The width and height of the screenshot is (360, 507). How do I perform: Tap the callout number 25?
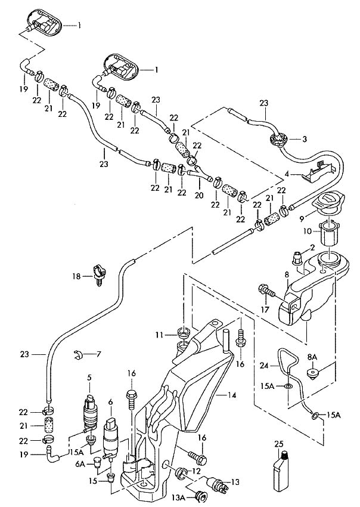[278, 444]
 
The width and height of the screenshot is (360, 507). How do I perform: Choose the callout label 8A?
[311, 357]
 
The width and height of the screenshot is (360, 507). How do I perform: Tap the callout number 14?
[232, 395]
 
